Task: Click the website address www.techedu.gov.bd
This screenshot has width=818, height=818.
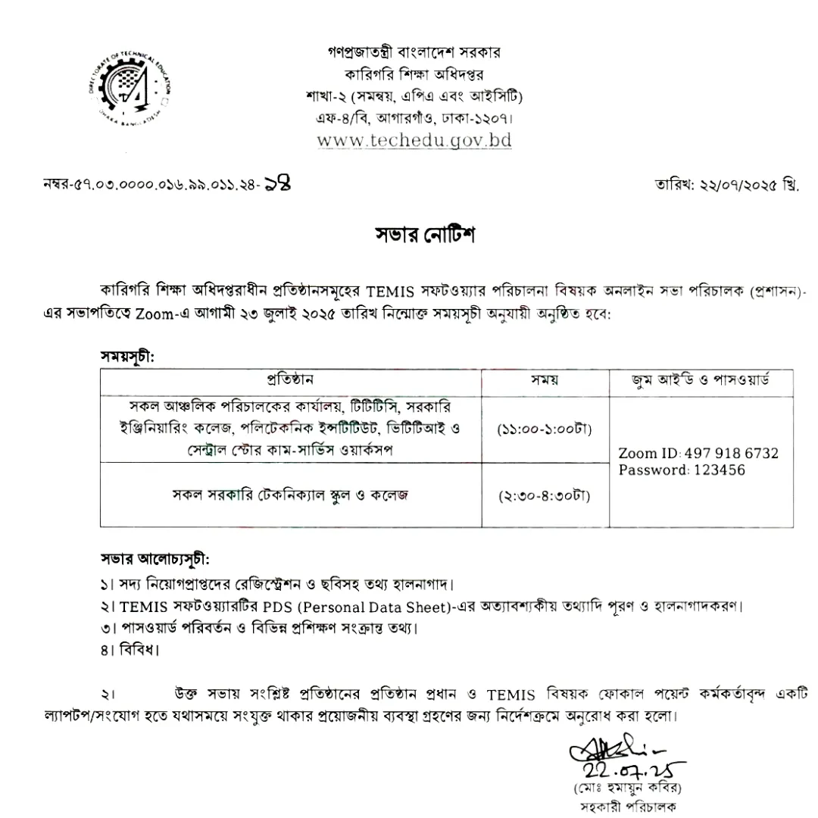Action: pyautogui.click(x=414, y=140)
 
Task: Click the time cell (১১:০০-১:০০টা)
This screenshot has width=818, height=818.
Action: pyautogui.click(x=545, y=429)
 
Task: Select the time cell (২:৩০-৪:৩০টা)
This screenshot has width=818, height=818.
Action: pyautogui.click(x=545, y=496)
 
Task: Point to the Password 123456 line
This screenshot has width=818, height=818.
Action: pyautogui.click(x=682, y=470)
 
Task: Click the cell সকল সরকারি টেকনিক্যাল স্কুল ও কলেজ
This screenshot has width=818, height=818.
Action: pyautogui.click(x=290, y=495)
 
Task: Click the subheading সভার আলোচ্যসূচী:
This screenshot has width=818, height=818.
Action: pyautogui.click(x=155, y=560)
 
